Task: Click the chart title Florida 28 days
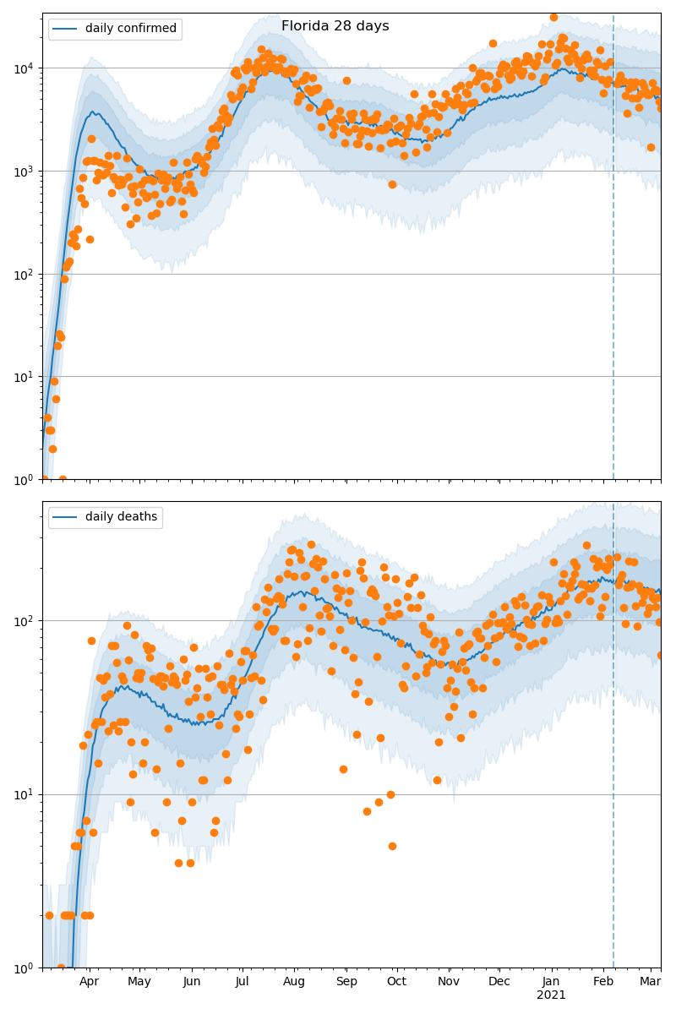click(335, 26)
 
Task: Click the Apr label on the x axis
click(89, 981)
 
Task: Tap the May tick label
click(139, 981)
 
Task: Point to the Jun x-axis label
click(192, 981)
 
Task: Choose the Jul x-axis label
click(243, 981)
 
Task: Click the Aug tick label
click(294, 981)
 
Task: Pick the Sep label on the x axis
click(346, 981)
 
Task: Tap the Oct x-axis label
click(396, 981)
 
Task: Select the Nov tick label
click(449, 981)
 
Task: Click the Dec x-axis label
click(499, 981)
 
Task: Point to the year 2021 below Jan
click(551, 995)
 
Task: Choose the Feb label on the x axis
click(603, 981)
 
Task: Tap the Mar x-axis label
click(650, 981)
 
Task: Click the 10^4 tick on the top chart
click(25, 68)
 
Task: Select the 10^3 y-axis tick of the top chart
click(25, 171)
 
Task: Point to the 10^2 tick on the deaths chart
click(25, 621)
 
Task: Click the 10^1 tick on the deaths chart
click(25, 794)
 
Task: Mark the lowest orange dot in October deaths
click(392, 846)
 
